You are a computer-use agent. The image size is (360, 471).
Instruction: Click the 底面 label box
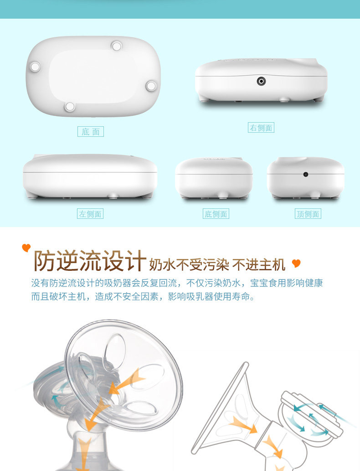click(x=91, y=132)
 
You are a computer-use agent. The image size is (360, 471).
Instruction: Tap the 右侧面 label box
click(x=261, y=128)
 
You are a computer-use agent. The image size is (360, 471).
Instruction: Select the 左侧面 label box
click(x=90, y=214)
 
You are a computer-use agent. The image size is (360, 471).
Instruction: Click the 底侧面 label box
click(x=216, y=214)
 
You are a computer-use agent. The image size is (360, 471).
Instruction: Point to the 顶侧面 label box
click(x=308, y=214)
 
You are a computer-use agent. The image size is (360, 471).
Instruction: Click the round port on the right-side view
click(x=261, y=81)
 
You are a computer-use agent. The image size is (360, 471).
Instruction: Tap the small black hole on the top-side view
click(x=306, y=174)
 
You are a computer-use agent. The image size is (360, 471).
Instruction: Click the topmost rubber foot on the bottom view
click(x=117, y=46)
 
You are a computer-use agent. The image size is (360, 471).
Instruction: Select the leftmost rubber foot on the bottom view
click(x=35, y=67)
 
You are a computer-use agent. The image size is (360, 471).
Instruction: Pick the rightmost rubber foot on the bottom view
click(x=151, y=86)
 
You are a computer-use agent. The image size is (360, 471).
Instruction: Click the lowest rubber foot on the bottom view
click(x=70, y=106)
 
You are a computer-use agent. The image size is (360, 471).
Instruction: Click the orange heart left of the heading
click(x=26, y=248)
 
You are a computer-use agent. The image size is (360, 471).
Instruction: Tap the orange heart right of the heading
click(x=296, y=264)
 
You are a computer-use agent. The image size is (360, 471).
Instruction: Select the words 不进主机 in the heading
click(x=258, y=264)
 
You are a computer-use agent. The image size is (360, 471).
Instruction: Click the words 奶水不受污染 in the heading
click(x=189, y=264)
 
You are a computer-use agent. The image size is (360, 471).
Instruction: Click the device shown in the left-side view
click(x=90, y=176)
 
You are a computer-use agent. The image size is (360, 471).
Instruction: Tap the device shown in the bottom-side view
click(x=214, y=177)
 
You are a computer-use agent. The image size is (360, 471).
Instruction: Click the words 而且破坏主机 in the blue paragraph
click(x=58, y=297)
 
